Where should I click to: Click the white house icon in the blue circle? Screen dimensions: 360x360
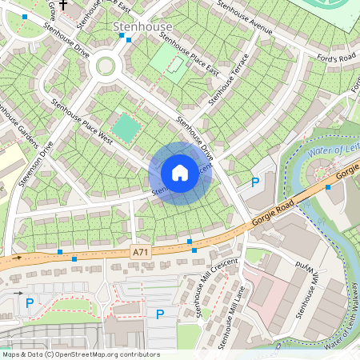pos(180,173)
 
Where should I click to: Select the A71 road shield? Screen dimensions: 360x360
pos(139,251)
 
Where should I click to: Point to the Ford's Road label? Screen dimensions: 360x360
pos(336,58)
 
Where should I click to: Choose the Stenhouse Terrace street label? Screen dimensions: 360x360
pos(229,81)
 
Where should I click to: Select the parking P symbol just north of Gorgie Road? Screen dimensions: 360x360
pos(255,182)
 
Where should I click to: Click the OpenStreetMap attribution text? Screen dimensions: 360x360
pos(81,354)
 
